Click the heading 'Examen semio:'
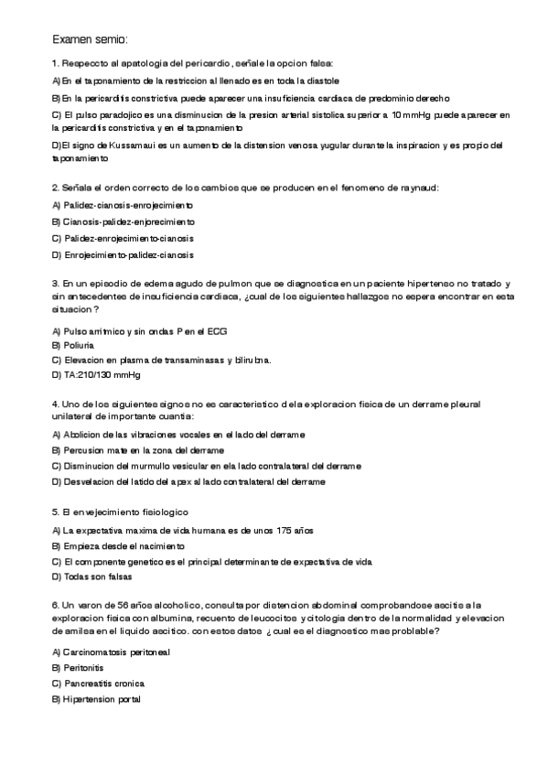coord(91,40)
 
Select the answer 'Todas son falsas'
coord(97,577)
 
